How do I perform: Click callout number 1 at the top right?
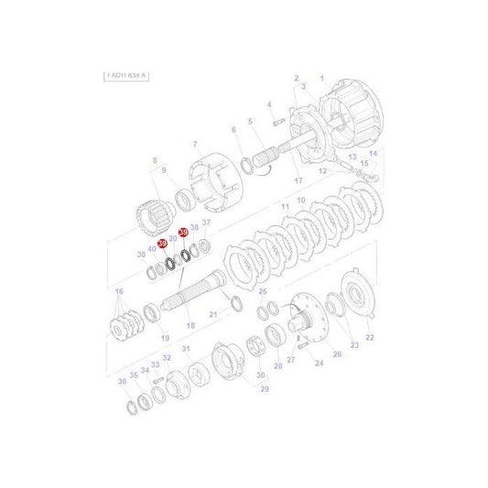(x=321, y=78)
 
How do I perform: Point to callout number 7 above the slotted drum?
(x=194, y=145)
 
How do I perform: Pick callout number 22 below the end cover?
(x=370, y=338)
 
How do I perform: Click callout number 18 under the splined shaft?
(x=190, y=326)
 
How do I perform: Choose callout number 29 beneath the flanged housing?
(x=265, y=389)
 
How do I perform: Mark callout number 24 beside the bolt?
(x=319, y=363)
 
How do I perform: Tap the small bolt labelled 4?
(x=271, y=118)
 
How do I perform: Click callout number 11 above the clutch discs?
(x=285, y=209)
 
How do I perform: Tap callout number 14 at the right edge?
(x=373, y=153)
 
